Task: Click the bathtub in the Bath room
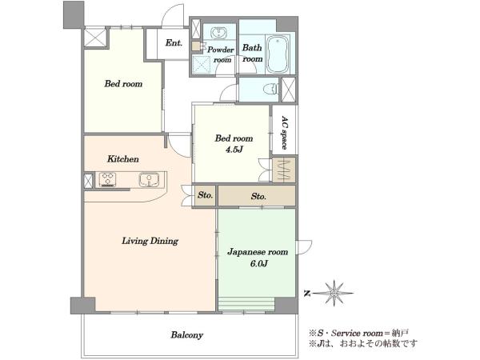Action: coord(278,54)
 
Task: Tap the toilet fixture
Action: coord(270,90)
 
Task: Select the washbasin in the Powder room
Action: coord(219,33)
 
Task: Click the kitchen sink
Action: coord(149,180)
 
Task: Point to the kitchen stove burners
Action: coord(108,179)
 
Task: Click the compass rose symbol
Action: coord(334,294)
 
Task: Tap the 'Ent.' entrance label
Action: coord(174,43)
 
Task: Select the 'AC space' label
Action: coord(285,132)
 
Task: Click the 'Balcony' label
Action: coord(186,335)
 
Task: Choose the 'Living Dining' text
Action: coord(150,241)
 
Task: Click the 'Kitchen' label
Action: coord(123,159)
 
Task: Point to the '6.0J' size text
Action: coord(259,263)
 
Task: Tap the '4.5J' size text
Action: coord(234,150)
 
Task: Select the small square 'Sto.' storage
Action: coord(205,195)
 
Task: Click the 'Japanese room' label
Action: coord(258,252)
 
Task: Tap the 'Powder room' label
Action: coord(221,54)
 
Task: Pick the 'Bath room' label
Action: coord(253,53)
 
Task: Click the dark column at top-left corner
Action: coord(74,14)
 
